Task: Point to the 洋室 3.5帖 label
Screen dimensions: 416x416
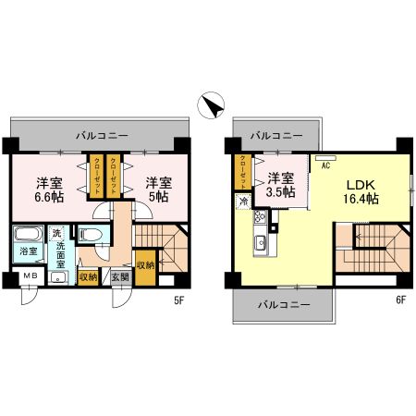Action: pyautogui.click(x=281, y=185)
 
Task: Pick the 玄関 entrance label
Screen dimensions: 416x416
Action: pyautogui.click(x=120, y=275)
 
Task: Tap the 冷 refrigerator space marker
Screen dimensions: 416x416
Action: pyautogui.click(x=243, y=202)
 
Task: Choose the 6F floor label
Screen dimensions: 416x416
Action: pyautogui.click(x=399, y=298)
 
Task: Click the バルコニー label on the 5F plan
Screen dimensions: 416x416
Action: pyautogui.click(x=101, y=135)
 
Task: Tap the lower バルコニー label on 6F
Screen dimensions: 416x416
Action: pyautogui.click(x=283, y=303)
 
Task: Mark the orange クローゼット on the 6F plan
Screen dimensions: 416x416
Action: pyautogui.click(x=243, y=171)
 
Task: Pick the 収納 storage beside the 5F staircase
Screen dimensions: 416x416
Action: pyautogui.click(x=146, y=264)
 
